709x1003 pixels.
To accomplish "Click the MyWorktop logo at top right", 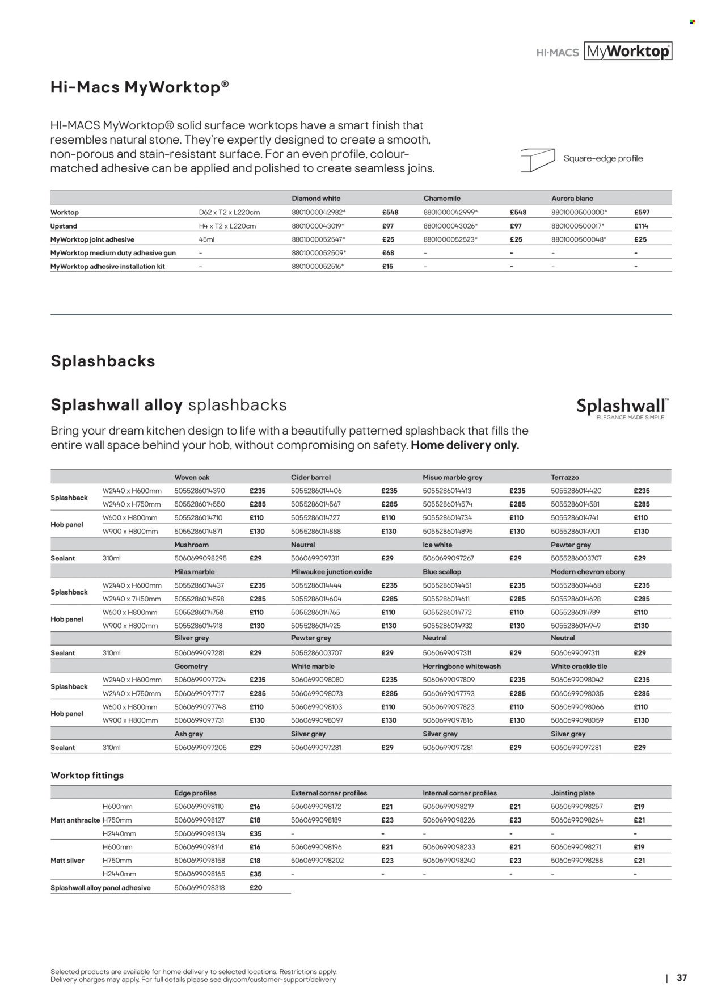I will coord(627,52).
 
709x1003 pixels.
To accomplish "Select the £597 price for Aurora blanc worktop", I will coord(642,212).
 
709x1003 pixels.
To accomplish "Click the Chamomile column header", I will coord(442,198).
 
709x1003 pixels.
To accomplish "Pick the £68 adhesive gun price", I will coord(388,253).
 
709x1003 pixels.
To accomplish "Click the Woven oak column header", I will coord(192,477).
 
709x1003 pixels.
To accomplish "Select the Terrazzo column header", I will coord(565,477).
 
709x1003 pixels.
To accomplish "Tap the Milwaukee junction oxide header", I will coord(331,572).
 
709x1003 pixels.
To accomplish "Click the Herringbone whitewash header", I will coord(462,666).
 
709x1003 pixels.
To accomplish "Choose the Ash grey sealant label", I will coord(189,734).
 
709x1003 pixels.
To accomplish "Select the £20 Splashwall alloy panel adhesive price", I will coord(256,887).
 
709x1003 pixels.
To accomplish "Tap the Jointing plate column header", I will coord(573,793).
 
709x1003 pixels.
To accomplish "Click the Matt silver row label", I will coord(67,861).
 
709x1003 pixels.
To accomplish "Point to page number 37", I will coord(682,977).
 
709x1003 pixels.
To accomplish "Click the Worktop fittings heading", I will coord(87,775).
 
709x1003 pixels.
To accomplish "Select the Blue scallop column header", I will coord(442,572).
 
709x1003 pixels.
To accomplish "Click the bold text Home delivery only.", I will coord(465,445).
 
